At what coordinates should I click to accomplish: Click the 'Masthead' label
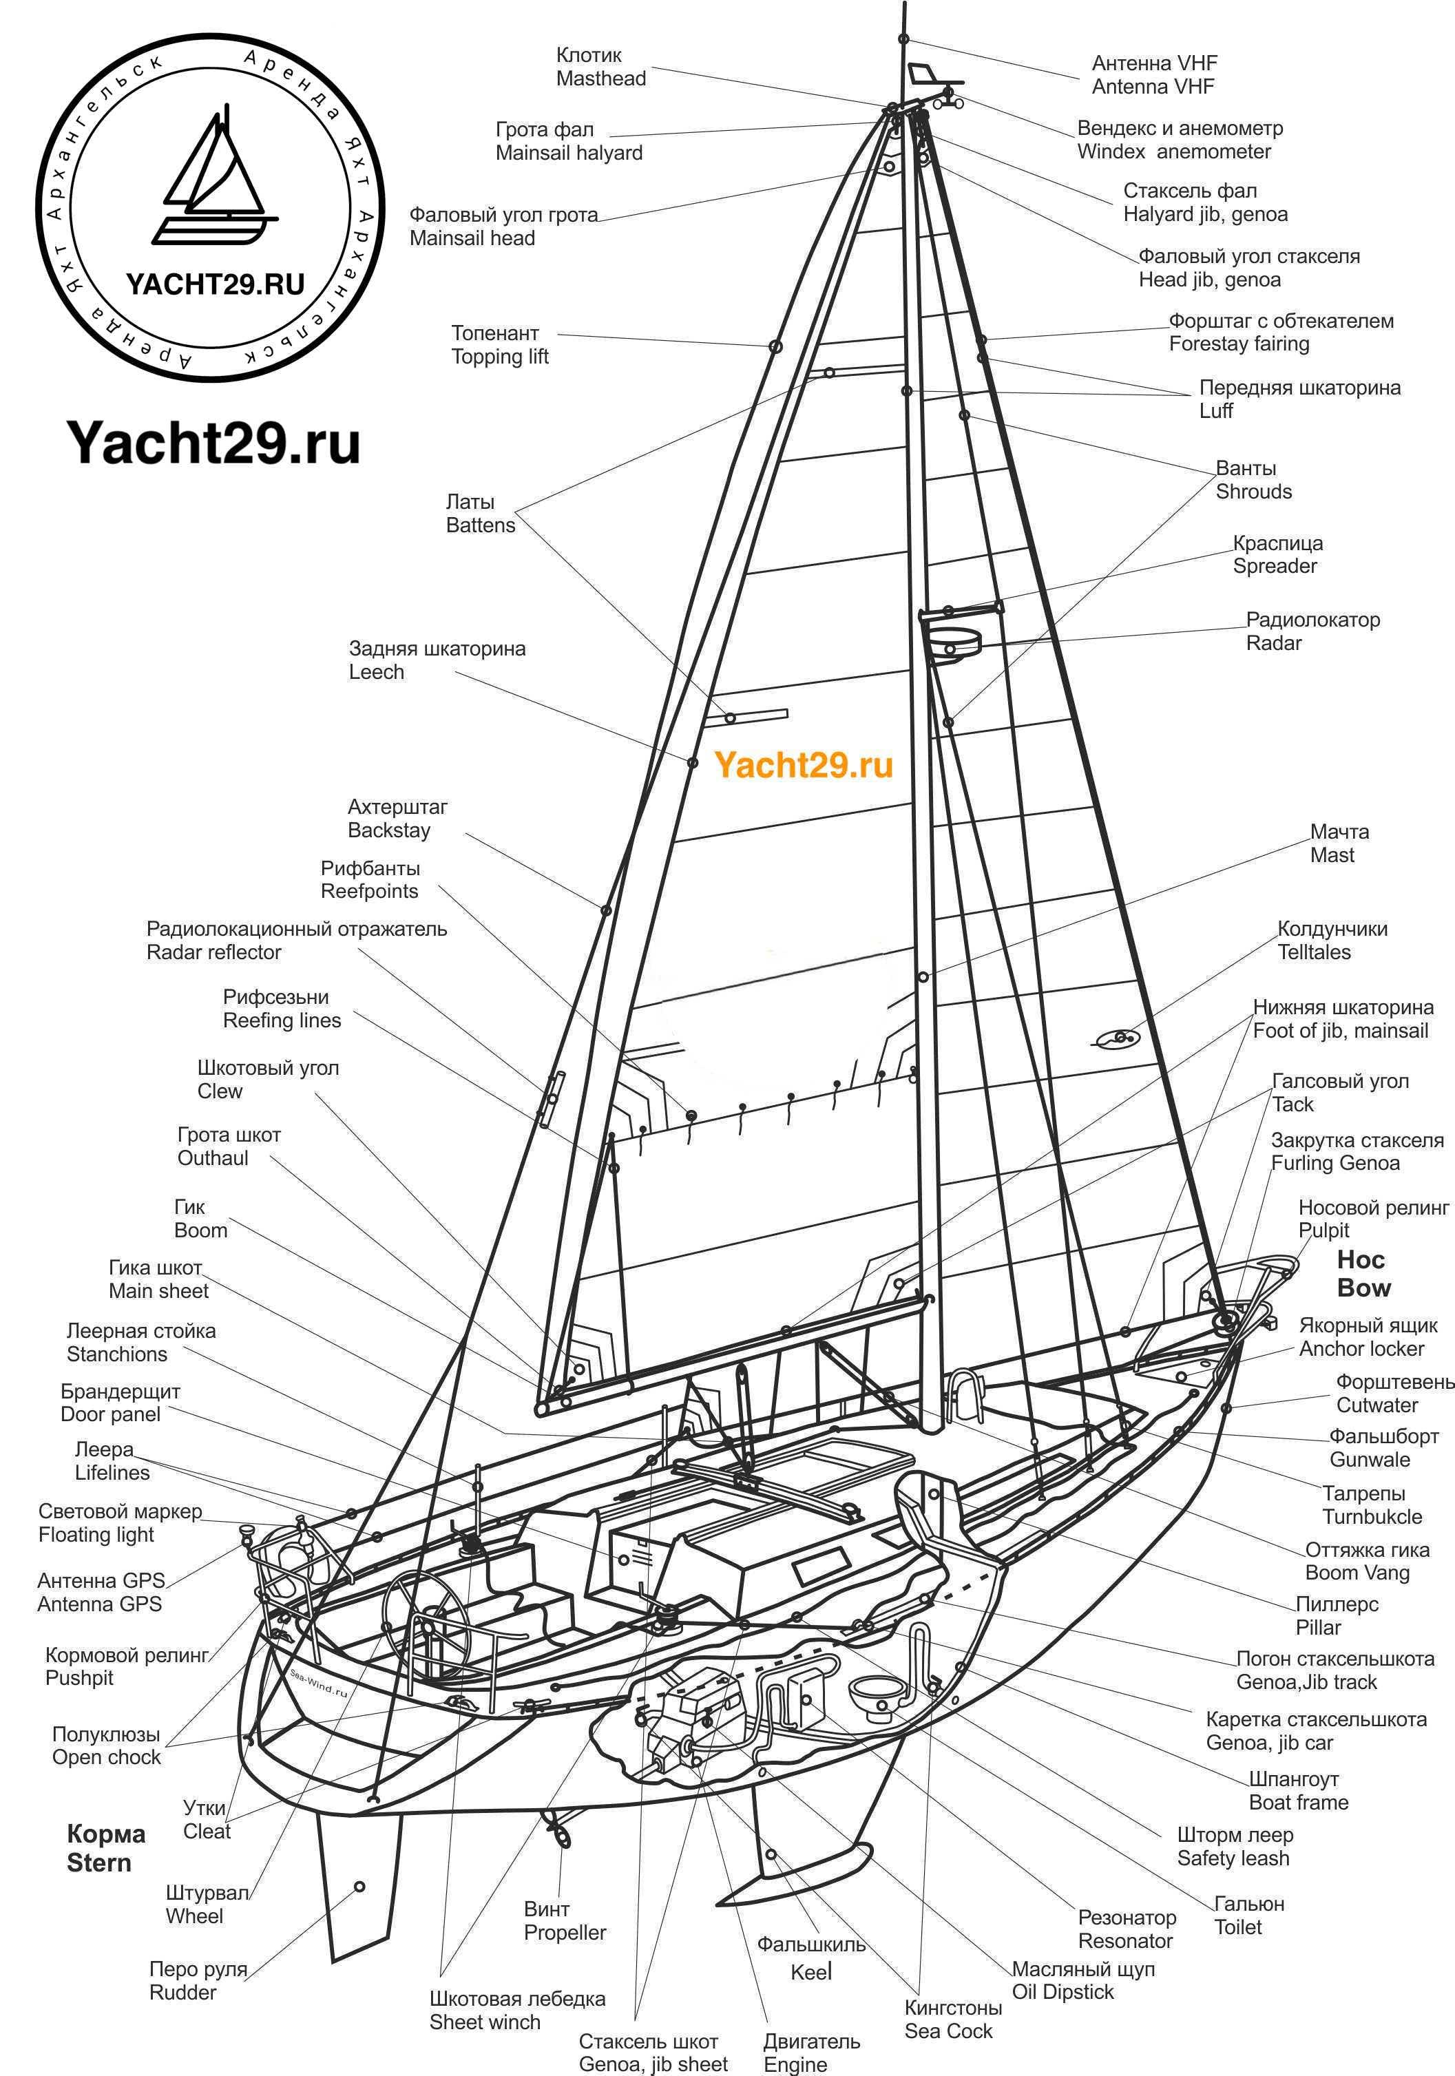[x=600, y=78]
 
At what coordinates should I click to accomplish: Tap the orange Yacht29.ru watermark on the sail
[x=803, y=765]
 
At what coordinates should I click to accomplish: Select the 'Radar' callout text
[x=1273, y=643]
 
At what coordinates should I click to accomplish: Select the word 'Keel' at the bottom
[x=811, y=1972]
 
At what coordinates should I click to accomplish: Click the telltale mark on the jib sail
[x=1118, y=1039]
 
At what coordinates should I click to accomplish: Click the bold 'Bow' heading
[x=1363, y=1288]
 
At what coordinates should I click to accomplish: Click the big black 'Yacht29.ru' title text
[x=213, y=443]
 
